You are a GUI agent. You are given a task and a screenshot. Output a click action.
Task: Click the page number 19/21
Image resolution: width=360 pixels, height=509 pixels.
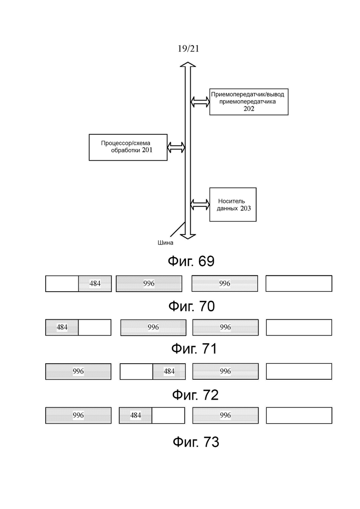[x=188, y=49]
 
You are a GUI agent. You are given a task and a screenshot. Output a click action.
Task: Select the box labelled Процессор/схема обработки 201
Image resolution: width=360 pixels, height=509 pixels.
[x=128, y=147]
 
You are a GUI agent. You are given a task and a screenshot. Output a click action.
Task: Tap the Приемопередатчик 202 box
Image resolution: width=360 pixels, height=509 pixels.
[x=249, y=102]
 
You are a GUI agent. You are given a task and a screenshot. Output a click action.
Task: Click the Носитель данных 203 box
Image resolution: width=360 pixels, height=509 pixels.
[x=233, y=204]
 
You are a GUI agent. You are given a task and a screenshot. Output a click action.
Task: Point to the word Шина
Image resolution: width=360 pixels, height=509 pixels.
[x=166, y=242]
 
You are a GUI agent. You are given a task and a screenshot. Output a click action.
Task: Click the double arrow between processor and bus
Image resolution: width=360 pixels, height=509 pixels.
[x=176, y=147]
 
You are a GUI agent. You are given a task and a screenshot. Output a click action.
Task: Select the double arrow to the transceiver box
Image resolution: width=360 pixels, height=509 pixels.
[x=200, y=102]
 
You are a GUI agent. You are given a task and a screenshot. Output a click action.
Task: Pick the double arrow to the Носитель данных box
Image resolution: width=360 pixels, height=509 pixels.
[x=200, y=204]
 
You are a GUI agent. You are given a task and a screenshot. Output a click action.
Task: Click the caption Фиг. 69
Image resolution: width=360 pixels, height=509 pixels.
[x=191, y=261]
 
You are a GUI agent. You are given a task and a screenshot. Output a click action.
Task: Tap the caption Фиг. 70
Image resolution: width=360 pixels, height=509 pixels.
[x=192, y=306]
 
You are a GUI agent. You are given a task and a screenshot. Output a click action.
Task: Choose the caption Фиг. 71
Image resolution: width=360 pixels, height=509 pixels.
[x=194, y=348]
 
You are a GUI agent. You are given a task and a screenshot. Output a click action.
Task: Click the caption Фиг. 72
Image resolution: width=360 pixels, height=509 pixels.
[x=195, y=395]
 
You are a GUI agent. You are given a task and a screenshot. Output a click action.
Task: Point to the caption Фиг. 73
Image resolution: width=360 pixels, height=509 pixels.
[x=196, y=442]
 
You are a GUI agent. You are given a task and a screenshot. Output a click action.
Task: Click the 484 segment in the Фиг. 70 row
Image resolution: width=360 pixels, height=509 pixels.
[x=95, y=283]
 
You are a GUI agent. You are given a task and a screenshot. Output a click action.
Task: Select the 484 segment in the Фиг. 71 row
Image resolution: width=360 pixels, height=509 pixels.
[x=62, y=327]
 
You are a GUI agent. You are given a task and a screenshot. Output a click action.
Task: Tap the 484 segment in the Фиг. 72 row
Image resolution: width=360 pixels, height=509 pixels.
[x=169, y=371]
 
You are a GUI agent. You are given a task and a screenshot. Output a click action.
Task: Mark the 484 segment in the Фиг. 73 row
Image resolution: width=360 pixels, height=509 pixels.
[x=135, y=415]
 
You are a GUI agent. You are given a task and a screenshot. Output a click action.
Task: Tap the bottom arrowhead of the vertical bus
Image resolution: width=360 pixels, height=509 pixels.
[x=188, y=236]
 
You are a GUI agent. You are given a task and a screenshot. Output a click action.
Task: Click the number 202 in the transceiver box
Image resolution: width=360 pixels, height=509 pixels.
[x=249, y=109]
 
